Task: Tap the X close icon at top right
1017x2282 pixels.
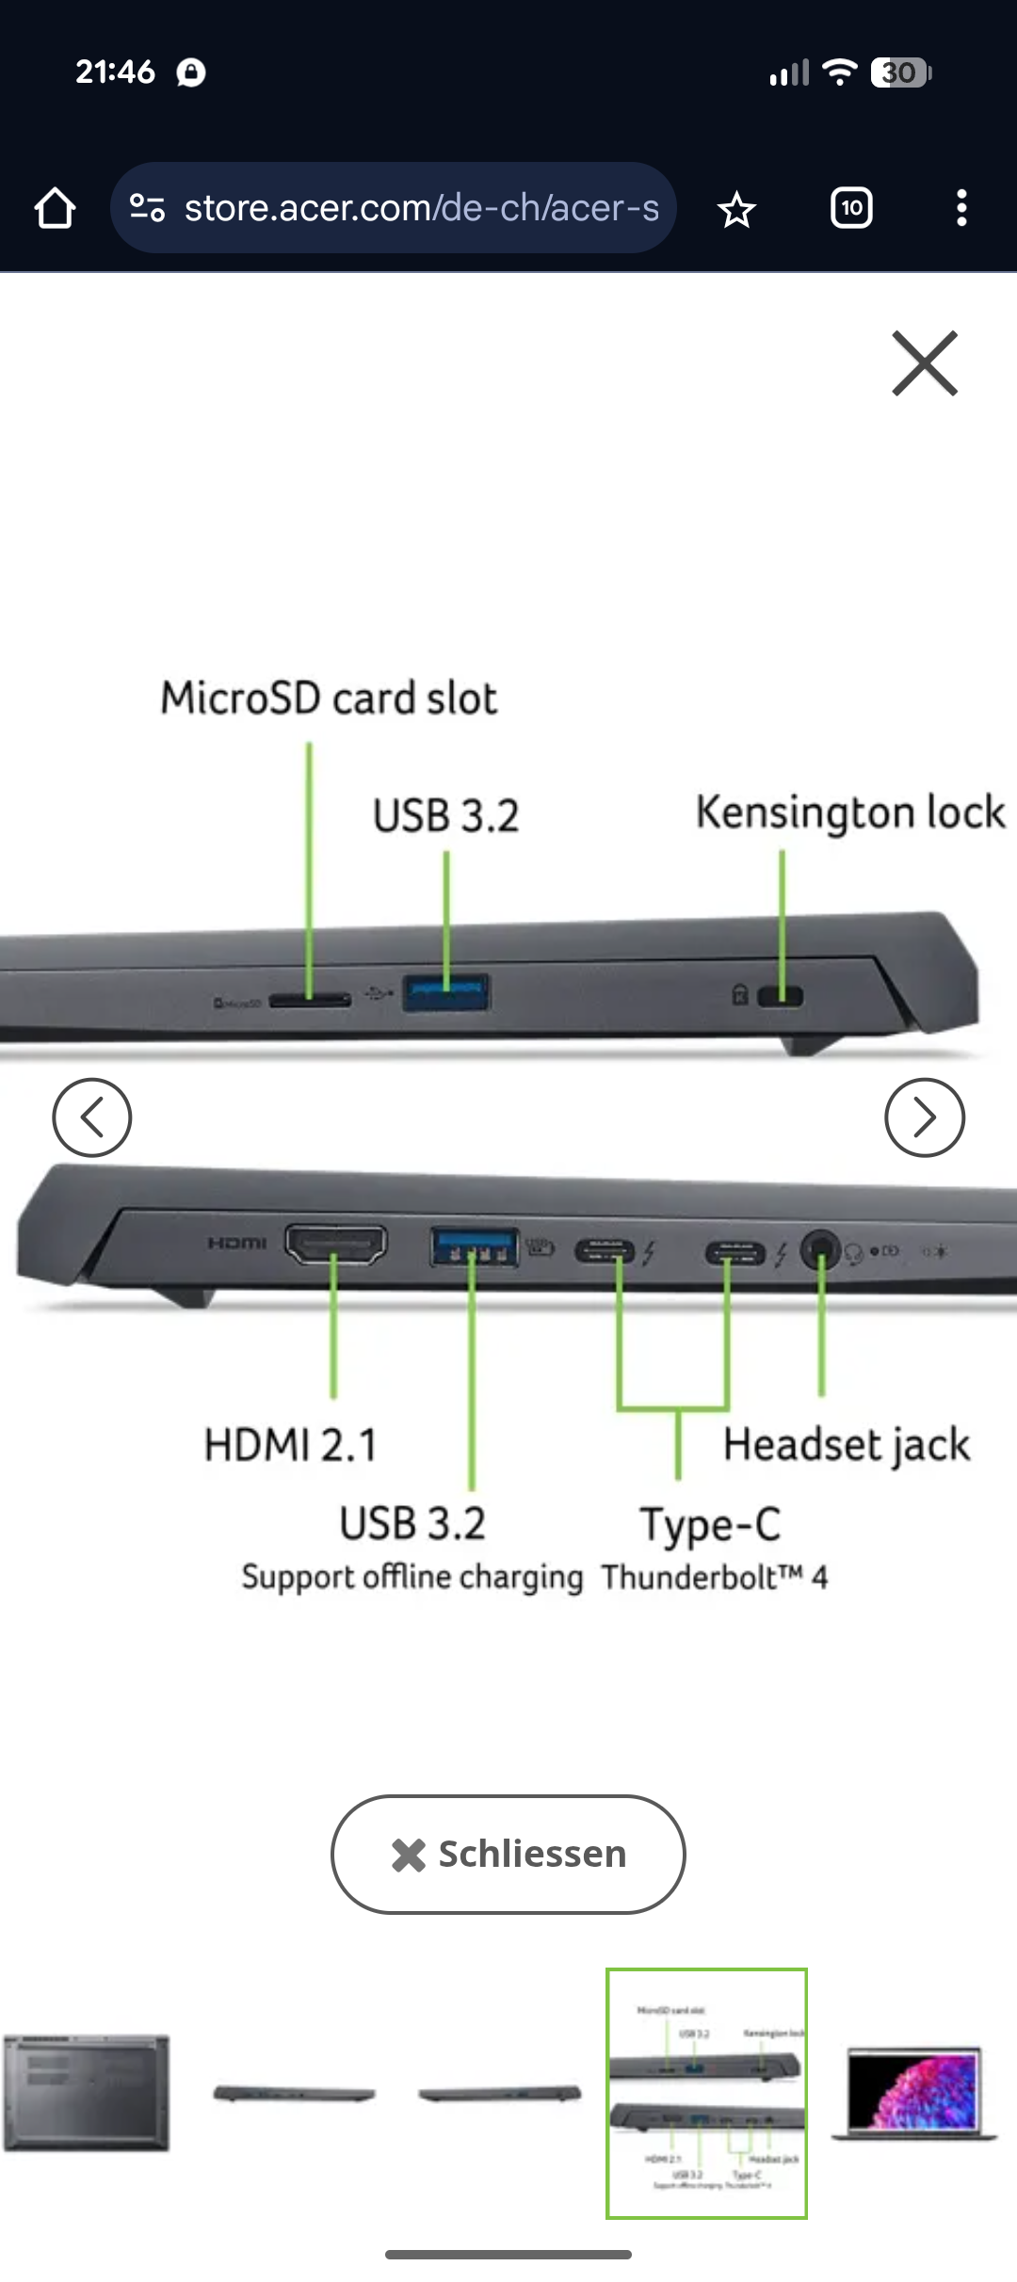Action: [x=925, y=363]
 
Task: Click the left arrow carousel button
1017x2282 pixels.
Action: [x=91, y=1117]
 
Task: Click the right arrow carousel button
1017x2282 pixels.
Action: [x=925, y=1117]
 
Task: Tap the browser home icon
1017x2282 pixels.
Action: [x=55, y=208]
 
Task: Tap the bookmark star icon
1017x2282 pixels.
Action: [x=736, y=209]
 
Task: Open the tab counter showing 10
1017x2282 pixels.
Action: [x=851, y=208]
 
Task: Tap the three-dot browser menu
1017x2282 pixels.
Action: [x=961, y=208]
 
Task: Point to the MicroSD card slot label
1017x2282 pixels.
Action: [x=329, y=699]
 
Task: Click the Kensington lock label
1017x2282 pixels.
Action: [x=849, y=812]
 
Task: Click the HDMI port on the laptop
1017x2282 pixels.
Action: [x=336, y=1245]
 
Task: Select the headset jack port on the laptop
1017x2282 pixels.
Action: [x=820, y=1250]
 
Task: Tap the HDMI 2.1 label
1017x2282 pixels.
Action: [x=290, y=1445]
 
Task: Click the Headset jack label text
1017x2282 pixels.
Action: [x=846, y=1445]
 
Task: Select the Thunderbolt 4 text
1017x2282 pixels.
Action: [x=715, y=1577]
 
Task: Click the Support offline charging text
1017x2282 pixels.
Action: [x=412, y=1577]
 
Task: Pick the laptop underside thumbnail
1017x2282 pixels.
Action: [x=87, y=2093]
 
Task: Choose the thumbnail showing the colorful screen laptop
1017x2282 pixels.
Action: [x=912, y=2091]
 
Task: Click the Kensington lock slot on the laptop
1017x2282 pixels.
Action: [x=781, y=996]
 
